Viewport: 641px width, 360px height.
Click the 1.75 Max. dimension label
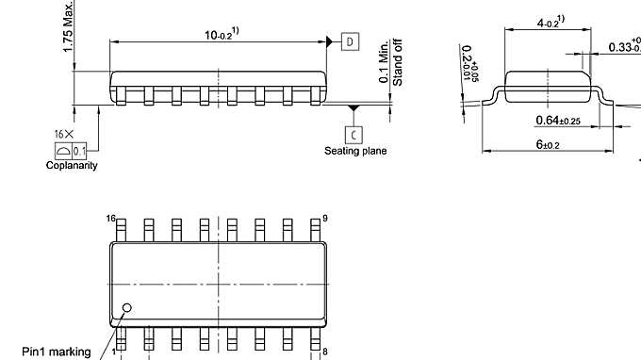click(x=69, y=27)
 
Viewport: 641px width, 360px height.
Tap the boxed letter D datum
click(x=350, y=41)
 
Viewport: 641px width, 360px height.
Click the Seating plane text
click(x=355, y=151)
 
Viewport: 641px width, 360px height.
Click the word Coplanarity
click(x=72, y=166)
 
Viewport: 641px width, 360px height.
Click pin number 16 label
click(x=111, y=219)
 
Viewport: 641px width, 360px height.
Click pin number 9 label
click(x=325, y=219)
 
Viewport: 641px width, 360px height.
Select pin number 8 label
click(x=325, y=352)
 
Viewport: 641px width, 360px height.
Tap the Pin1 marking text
click(x=57, y=352)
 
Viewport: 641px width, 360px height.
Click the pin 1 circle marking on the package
click(x=127, y=307)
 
